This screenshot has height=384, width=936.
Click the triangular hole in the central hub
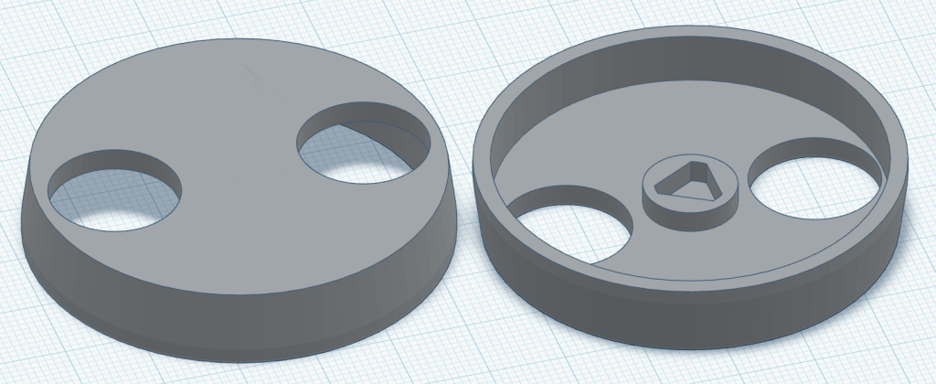point(691,182)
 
